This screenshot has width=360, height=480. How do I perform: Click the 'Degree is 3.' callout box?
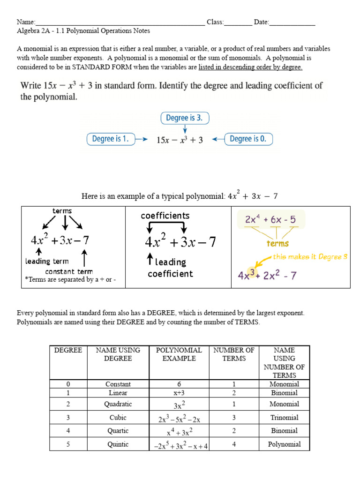coord(185,118)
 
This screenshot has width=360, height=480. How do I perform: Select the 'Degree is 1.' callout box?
coord(110,139)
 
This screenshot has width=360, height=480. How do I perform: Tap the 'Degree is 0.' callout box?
coord(248,139)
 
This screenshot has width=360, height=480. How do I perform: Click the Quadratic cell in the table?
coord(118,404)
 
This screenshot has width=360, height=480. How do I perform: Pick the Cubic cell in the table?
coord(118,417)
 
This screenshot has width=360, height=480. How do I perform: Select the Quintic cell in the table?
coord(118,444)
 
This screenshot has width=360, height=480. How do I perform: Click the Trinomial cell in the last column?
coord(284,417)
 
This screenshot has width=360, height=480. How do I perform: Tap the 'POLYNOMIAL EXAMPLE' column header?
coord(179,354)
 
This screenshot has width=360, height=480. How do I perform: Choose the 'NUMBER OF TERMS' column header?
coord(234,354)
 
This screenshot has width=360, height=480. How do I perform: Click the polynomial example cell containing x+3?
coord(179,393)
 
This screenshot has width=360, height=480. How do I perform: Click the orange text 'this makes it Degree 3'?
coord(310,257)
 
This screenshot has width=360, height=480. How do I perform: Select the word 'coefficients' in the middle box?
coord(165,216)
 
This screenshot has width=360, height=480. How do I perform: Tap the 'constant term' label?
coord(69,271)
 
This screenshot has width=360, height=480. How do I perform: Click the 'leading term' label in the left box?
coord(47,262)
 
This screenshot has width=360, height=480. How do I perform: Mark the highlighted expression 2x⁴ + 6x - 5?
coord(270,219)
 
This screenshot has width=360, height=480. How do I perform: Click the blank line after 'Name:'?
coord(120,22)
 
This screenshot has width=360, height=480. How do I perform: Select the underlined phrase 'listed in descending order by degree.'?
coord(250,67)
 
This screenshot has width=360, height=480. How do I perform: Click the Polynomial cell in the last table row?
coord(284,444)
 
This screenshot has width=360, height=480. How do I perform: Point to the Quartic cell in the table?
coord(118,430)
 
